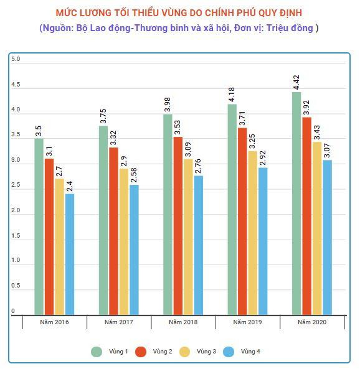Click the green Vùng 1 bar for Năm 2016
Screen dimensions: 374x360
(x=39, y=227)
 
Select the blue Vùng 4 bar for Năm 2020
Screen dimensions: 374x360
(x=327, y=238)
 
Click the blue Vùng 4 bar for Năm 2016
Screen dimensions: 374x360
(x=69, y=255)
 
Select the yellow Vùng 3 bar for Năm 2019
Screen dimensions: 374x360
(x=253, y=233)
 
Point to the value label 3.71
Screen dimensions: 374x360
(x=242, y=117)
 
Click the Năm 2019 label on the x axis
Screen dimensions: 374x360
(x=247, y=322)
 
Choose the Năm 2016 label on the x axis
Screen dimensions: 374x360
(x=54, y=322)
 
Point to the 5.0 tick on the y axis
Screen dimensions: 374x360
(x=16, y=59)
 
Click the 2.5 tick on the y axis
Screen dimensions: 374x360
(x=16, y=185)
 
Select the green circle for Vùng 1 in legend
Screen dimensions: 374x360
(x=97, y=352)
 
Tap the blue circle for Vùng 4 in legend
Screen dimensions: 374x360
(x=229, y=352)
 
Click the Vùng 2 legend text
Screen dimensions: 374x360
(x=163, y=352)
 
